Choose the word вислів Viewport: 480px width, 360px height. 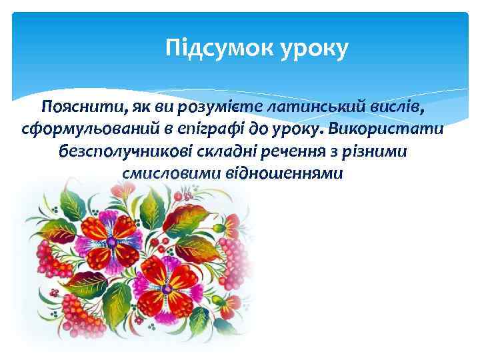[395, 105]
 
